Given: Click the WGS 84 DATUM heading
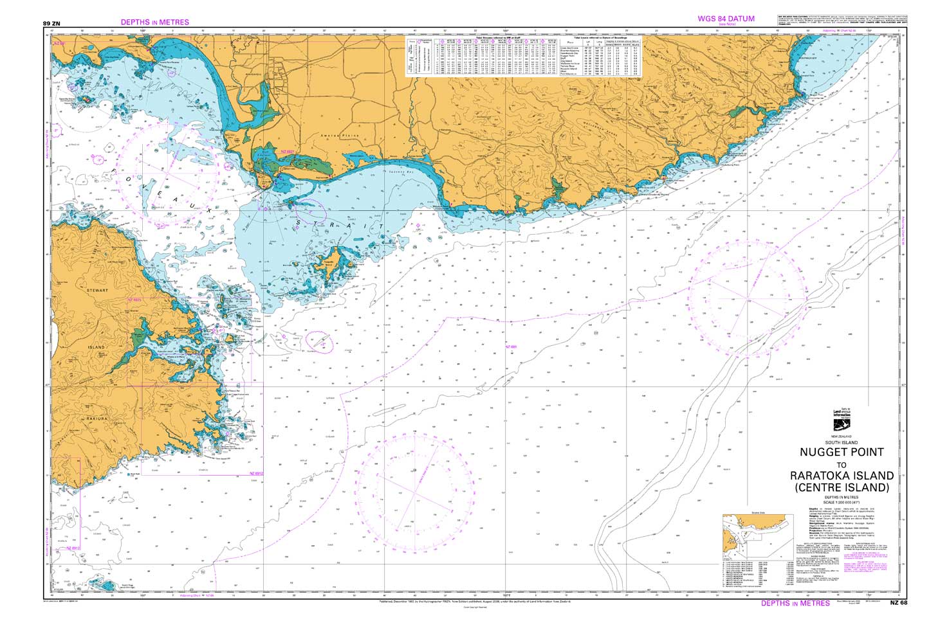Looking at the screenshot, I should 726,19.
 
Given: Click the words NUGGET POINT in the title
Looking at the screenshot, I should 842,452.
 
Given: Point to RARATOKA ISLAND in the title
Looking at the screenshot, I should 842,476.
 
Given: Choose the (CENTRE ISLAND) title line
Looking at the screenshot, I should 842,488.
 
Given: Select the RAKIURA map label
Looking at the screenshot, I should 97,419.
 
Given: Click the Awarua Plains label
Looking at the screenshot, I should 336,137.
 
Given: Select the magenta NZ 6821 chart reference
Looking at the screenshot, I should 287,152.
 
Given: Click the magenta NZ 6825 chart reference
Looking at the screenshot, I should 134,300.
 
